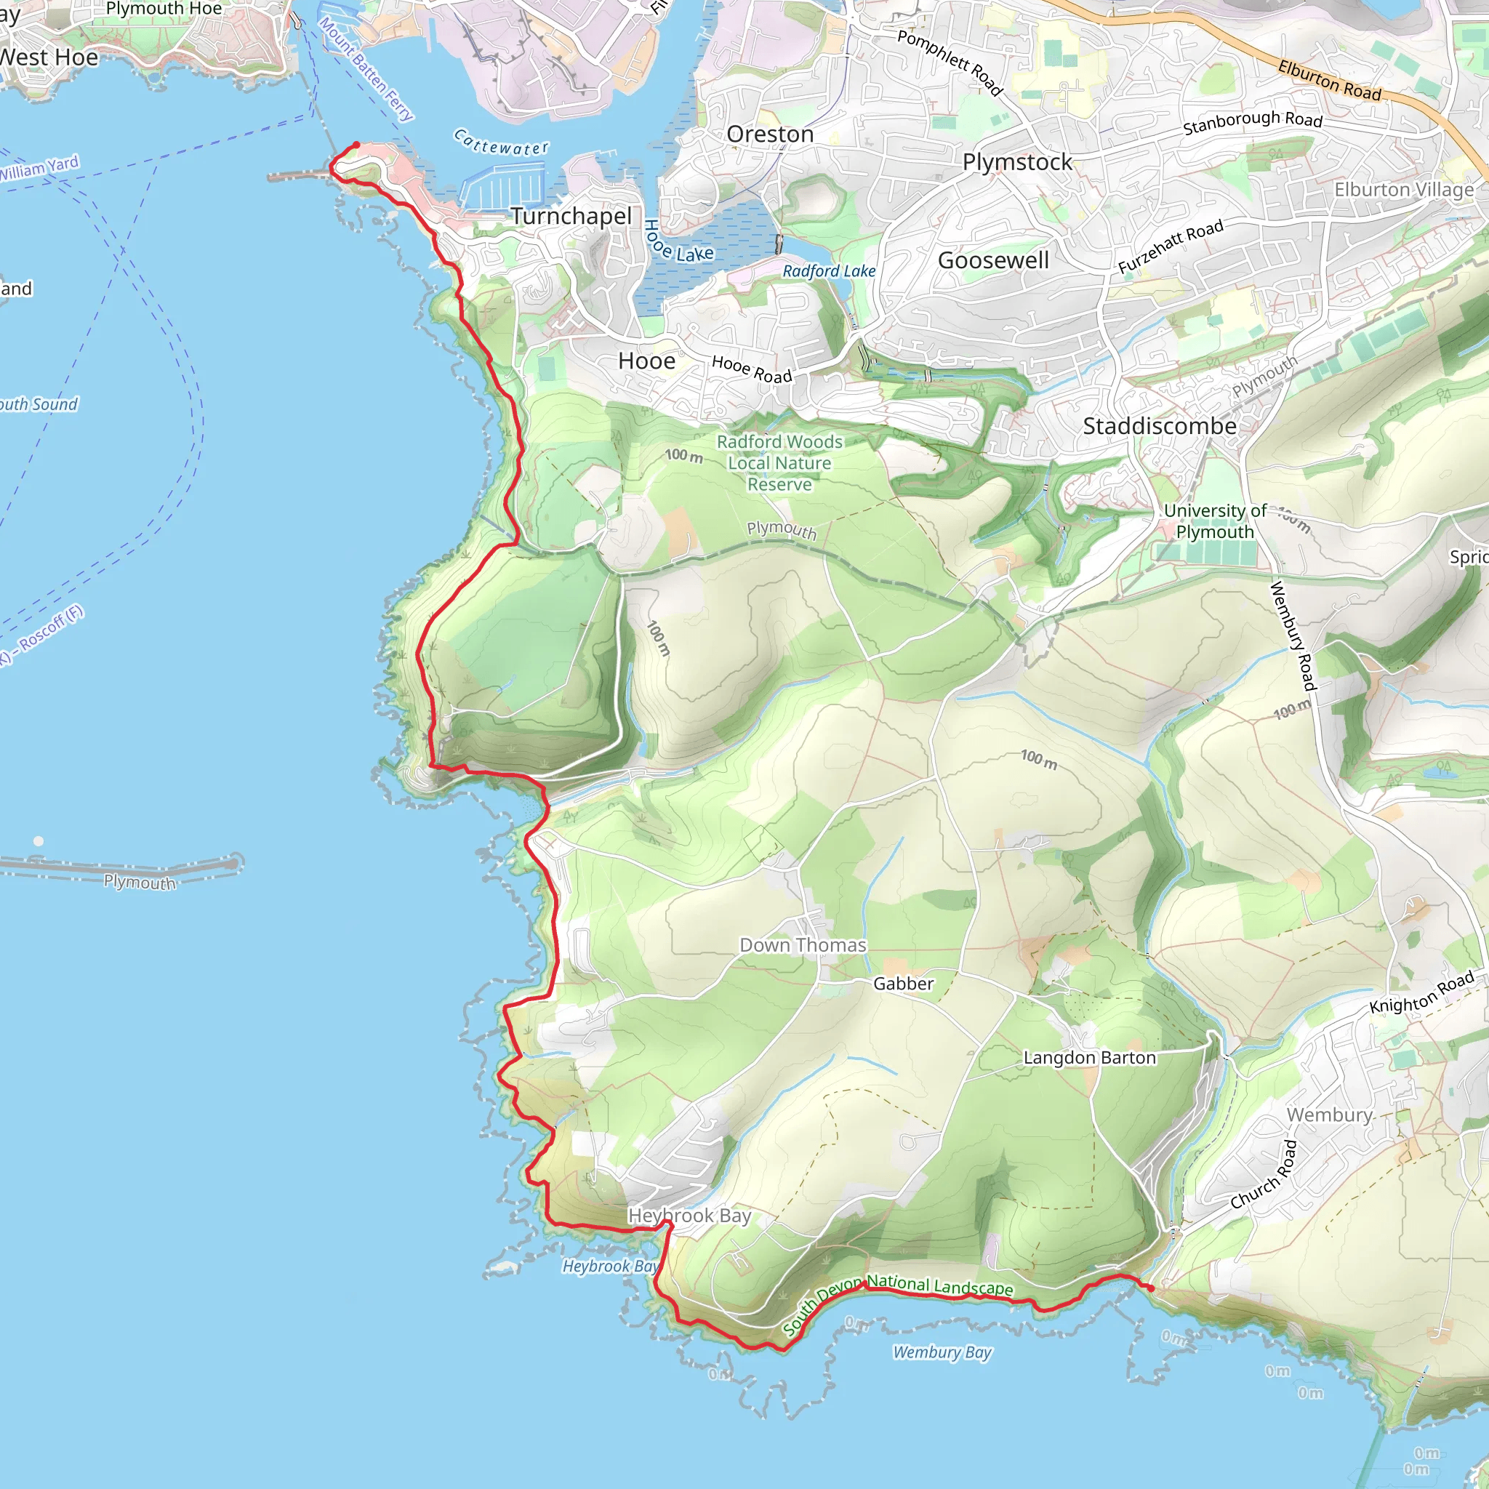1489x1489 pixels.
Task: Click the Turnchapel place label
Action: [x=571, y=217]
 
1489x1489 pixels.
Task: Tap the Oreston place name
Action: [x=770, y=134]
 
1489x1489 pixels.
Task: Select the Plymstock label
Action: [x=1017, y=162]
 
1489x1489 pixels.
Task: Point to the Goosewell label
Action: [x=992, y=260]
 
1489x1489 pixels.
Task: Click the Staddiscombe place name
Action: [x=1159, y=426]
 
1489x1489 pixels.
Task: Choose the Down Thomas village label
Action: [x=803, y=945]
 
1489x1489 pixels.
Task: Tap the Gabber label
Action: [x=903, y=984]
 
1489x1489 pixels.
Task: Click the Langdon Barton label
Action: [x=1090, y=1057]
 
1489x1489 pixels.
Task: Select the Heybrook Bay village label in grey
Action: [x=689, y=1216]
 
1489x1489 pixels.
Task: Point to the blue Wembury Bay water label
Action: [x=942, y=1352]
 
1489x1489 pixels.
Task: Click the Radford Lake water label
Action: [x=829, y=271]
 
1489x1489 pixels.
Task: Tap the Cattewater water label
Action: [x=501, y=143]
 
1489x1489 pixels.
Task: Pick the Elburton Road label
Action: [x=1329, y=80]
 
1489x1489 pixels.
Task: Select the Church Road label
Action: [x=1264, y=1175]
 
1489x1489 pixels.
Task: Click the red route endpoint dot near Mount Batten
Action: [x=356, y=145]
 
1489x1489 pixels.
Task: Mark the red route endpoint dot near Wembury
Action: [x=1151, y=1288]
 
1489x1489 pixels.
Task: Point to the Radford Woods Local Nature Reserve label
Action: [x=779, y=462]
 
